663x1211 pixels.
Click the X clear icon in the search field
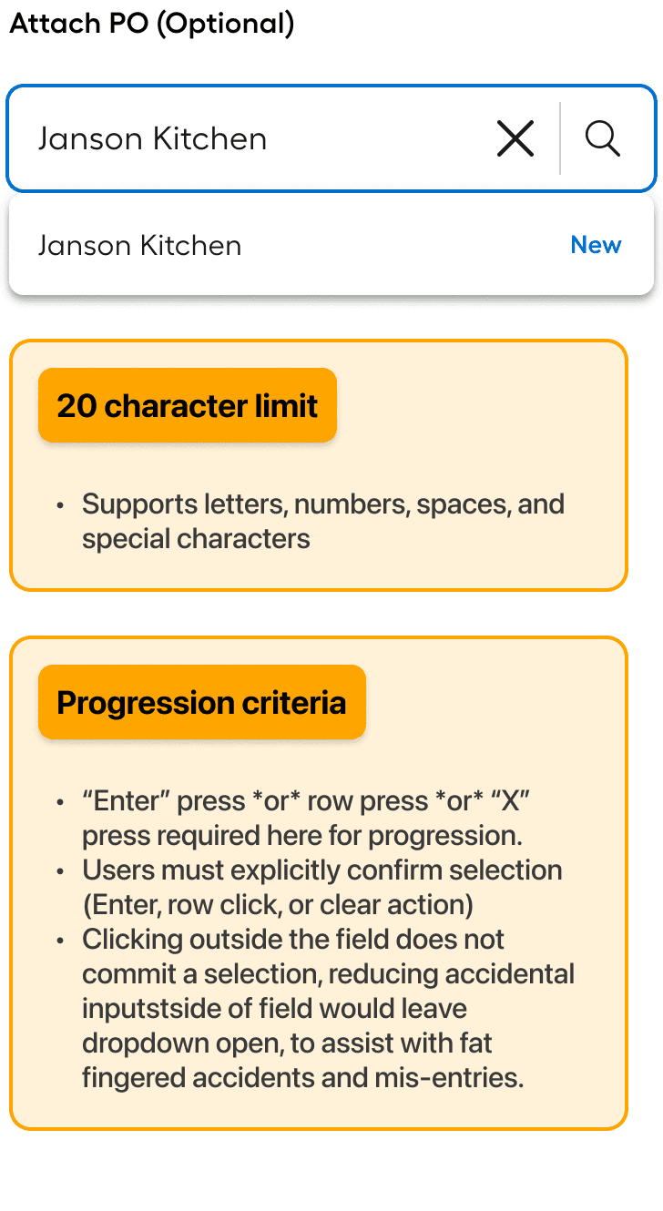click(x=515, y=139)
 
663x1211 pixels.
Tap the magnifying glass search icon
click(x=602, y=139)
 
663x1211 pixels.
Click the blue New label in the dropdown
click(x=596, y=245)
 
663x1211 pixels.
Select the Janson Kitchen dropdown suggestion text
click(x=139, y=246)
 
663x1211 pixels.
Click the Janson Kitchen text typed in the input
click(x=152, y=139)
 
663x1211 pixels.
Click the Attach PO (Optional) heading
click(x=152, y=24)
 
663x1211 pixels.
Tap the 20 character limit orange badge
click(x=187, y=405)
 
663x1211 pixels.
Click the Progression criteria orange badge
click(x=201, y=702)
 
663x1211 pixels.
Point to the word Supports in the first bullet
click(x=139, y=505)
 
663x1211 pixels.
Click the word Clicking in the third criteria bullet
click(x=132, y=941)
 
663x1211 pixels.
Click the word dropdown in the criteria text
click(x=146, y=1044)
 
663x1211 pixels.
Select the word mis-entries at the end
click(x=449, y=1078)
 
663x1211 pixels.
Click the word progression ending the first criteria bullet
click(x=445, y=837)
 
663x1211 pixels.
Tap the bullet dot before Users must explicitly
click(x=60, y=871)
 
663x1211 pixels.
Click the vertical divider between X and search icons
click(x=560, y=138)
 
